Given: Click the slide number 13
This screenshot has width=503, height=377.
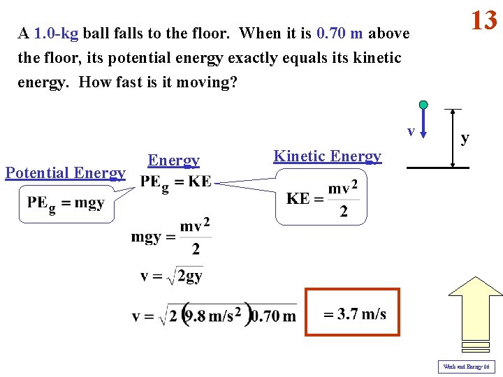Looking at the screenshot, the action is click(483, 20).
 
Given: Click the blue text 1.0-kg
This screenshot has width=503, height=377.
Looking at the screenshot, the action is click(55, 34).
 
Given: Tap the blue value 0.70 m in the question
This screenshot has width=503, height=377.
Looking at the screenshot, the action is click(340, 34).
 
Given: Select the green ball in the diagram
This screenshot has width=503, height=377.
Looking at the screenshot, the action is click(423, 105).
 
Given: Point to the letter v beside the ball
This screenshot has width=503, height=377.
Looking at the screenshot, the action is click(411, 131).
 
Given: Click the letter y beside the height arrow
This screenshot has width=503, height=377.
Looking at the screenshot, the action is click(465, 139).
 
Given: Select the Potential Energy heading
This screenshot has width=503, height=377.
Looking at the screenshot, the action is click(65, 173).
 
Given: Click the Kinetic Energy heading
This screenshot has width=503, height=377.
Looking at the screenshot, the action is click(328, 156).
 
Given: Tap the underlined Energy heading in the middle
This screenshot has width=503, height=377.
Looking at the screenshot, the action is click(173, 161).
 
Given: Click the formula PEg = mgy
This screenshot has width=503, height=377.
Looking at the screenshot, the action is click(66, 203).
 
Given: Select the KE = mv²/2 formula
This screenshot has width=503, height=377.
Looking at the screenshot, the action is click(322, 199).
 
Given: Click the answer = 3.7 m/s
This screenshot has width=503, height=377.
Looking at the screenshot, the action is click(353, 313).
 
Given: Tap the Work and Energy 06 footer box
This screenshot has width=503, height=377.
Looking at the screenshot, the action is click(466, 367).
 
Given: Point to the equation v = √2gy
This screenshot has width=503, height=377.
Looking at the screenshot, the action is click(171, 276).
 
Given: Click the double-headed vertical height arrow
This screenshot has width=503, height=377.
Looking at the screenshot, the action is click(453, 138).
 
